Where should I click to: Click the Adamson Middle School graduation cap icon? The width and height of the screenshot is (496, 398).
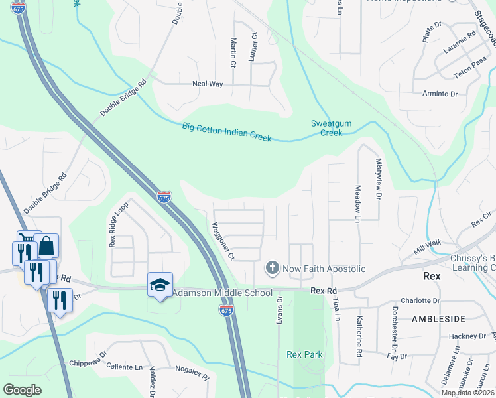(x=160, y=285)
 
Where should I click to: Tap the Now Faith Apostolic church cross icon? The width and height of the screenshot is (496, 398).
(x=271, y=269)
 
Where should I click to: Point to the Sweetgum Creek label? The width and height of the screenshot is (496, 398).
(x=327, y=128)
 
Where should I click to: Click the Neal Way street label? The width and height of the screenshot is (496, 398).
(x=208, y=84)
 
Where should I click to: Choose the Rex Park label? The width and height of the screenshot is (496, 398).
(x=304, y=354)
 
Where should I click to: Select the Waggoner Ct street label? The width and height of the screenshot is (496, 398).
(x=223, y=240)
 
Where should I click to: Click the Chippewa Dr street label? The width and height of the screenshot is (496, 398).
(x=88, y=363)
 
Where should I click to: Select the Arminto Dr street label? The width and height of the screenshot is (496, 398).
(x=440, y=94)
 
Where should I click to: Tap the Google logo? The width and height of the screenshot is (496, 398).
(x=23, y=390)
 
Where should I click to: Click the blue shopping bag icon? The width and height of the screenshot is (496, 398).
(x=48, y=247)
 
